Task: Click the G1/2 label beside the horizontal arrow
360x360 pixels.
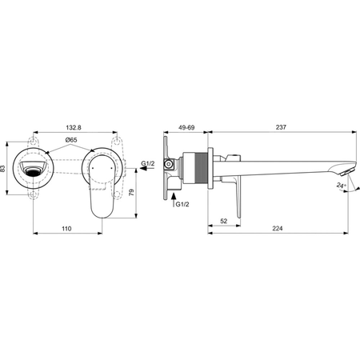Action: click(x=148, y=164)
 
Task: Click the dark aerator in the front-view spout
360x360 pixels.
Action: click(x=34, y=170)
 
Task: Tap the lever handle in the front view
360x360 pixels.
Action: click(x=102, y=184)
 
